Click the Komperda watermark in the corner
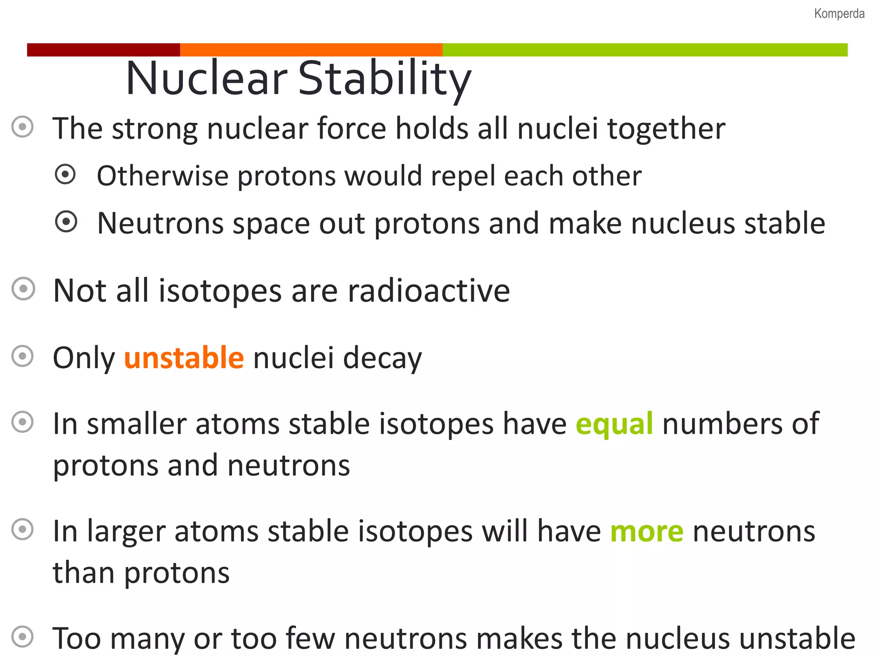point(839,14)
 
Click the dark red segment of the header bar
point(103,50)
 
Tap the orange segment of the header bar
point(311,50)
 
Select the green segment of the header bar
point(645,50)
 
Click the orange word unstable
point(184,357)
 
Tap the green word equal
point(614,424)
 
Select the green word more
point(646,531)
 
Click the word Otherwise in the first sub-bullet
point(162,176)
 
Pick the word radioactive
point(429,291)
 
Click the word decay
point(382,358)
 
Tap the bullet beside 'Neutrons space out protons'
point(66,222)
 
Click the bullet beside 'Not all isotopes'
point(23,289)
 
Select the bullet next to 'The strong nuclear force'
point(22,127)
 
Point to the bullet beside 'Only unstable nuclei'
point(23,356)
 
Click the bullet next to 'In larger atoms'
point(23,530)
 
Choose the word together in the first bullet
point(666,129)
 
